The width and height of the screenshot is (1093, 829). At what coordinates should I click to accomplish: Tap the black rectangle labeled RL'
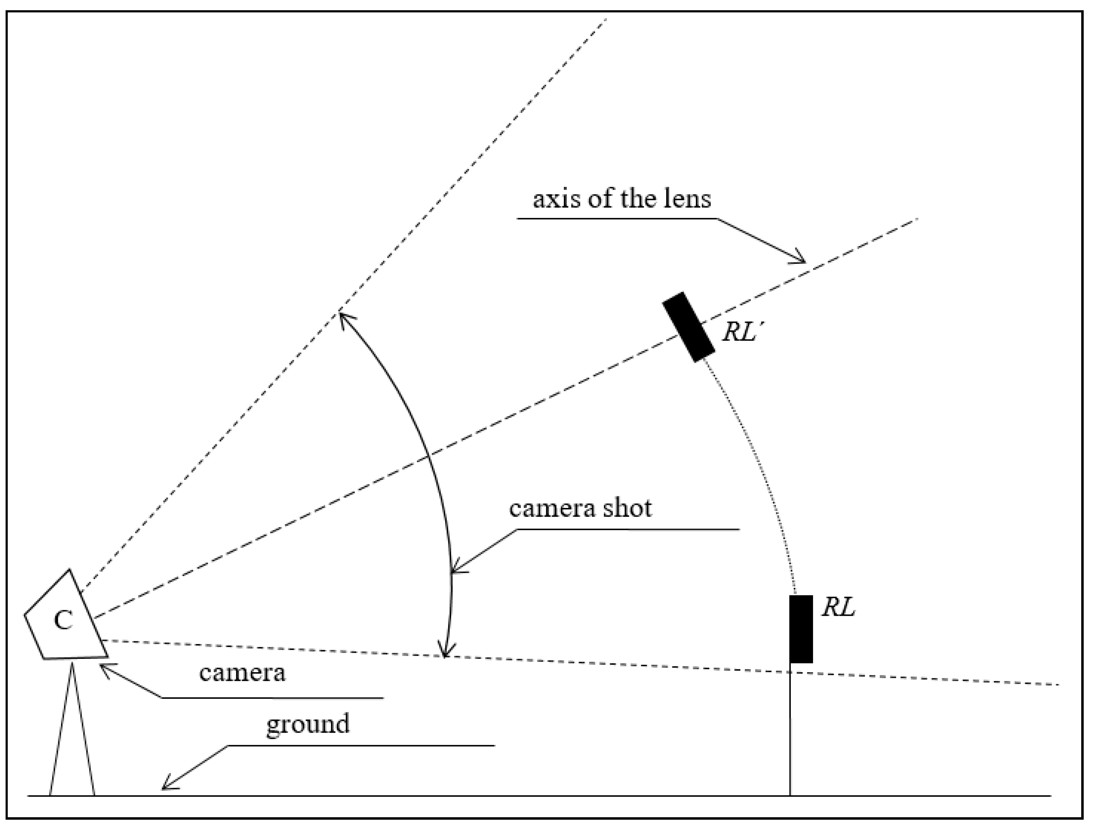point(688,327)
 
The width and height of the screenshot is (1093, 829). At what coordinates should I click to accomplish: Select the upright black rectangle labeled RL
point(800,629)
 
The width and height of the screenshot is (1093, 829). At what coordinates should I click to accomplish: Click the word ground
point(308,724)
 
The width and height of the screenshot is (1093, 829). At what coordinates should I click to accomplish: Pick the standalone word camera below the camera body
point(242,673)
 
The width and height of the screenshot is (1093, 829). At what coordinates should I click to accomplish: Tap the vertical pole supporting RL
point(790,731)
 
